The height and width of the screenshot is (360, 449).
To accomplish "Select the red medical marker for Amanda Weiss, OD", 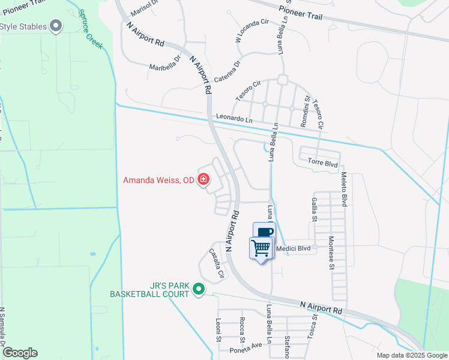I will point(203,179).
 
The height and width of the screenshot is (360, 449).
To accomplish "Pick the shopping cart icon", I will point(261,247).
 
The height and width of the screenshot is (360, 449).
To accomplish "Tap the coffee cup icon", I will point(264,232).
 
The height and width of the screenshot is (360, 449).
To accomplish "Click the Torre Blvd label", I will point(323,163).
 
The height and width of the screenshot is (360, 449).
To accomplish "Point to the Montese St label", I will point(331,253).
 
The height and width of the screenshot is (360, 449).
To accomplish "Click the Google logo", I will point(20,353).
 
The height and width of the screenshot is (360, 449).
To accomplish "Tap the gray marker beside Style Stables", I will point(56,26).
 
